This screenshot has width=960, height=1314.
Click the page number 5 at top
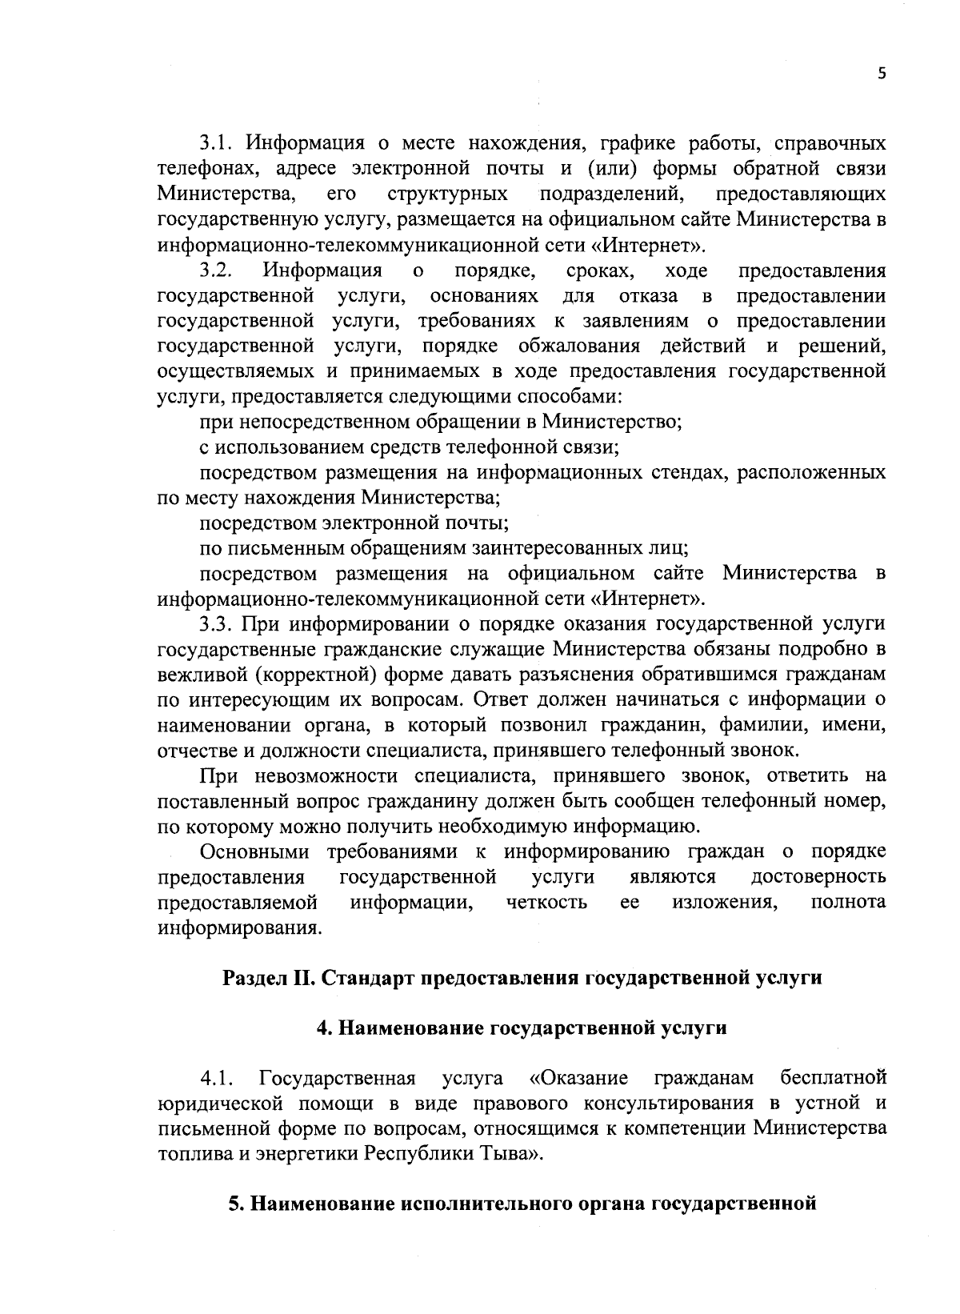(882, 74)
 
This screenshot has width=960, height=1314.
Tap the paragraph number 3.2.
(215, 270)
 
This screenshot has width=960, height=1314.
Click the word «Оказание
(578, 1078)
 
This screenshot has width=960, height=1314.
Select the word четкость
(547, 903)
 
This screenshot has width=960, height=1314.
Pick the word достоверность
(818, 877)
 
